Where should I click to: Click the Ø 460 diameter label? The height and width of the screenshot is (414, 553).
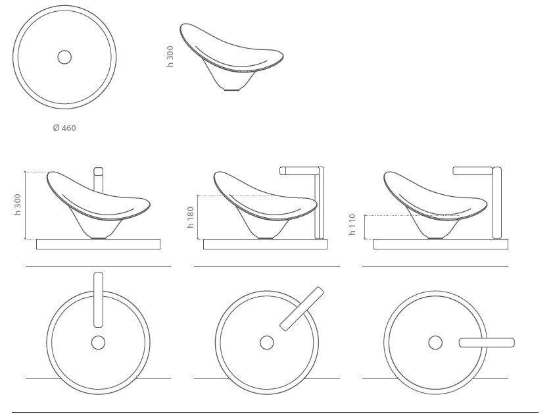64,128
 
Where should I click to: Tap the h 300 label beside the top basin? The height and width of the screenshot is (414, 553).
170,57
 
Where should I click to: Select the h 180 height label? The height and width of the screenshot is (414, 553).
191,217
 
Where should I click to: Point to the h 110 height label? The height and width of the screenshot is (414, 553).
352,224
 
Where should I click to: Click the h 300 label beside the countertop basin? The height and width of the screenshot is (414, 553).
17,204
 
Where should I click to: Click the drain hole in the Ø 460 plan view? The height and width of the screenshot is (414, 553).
64,57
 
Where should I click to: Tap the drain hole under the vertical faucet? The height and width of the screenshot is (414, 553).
99,342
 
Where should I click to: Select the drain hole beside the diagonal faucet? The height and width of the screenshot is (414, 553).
266,342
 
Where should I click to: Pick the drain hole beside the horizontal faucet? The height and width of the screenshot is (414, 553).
435,342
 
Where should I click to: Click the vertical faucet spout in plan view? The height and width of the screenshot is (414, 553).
99,299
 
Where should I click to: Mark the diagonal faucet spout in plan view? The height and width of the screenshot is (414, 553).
302,309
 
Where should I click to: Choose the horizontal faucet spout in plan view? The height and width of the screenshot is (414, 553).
487,342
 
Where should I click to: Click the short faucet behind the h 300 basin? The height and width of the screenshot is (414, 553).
99,180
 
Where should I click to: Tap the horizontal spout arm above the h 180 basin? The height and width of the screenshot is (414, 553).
299,171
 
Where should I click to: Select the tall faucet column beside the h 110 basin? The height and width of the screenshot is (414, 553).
497,203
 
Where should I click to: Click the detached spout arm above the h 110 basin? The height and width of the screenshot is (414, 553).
473,171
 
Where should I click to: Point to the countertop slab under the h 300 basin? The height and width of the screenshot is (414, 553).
99,244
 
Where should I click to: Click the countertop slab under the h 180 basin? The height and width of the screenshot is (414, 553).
265,244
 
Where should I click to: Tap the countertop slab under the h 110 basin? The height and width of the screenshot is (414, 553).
441,244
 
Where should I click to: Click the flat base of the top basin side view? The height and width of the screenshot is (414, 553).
231,90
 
